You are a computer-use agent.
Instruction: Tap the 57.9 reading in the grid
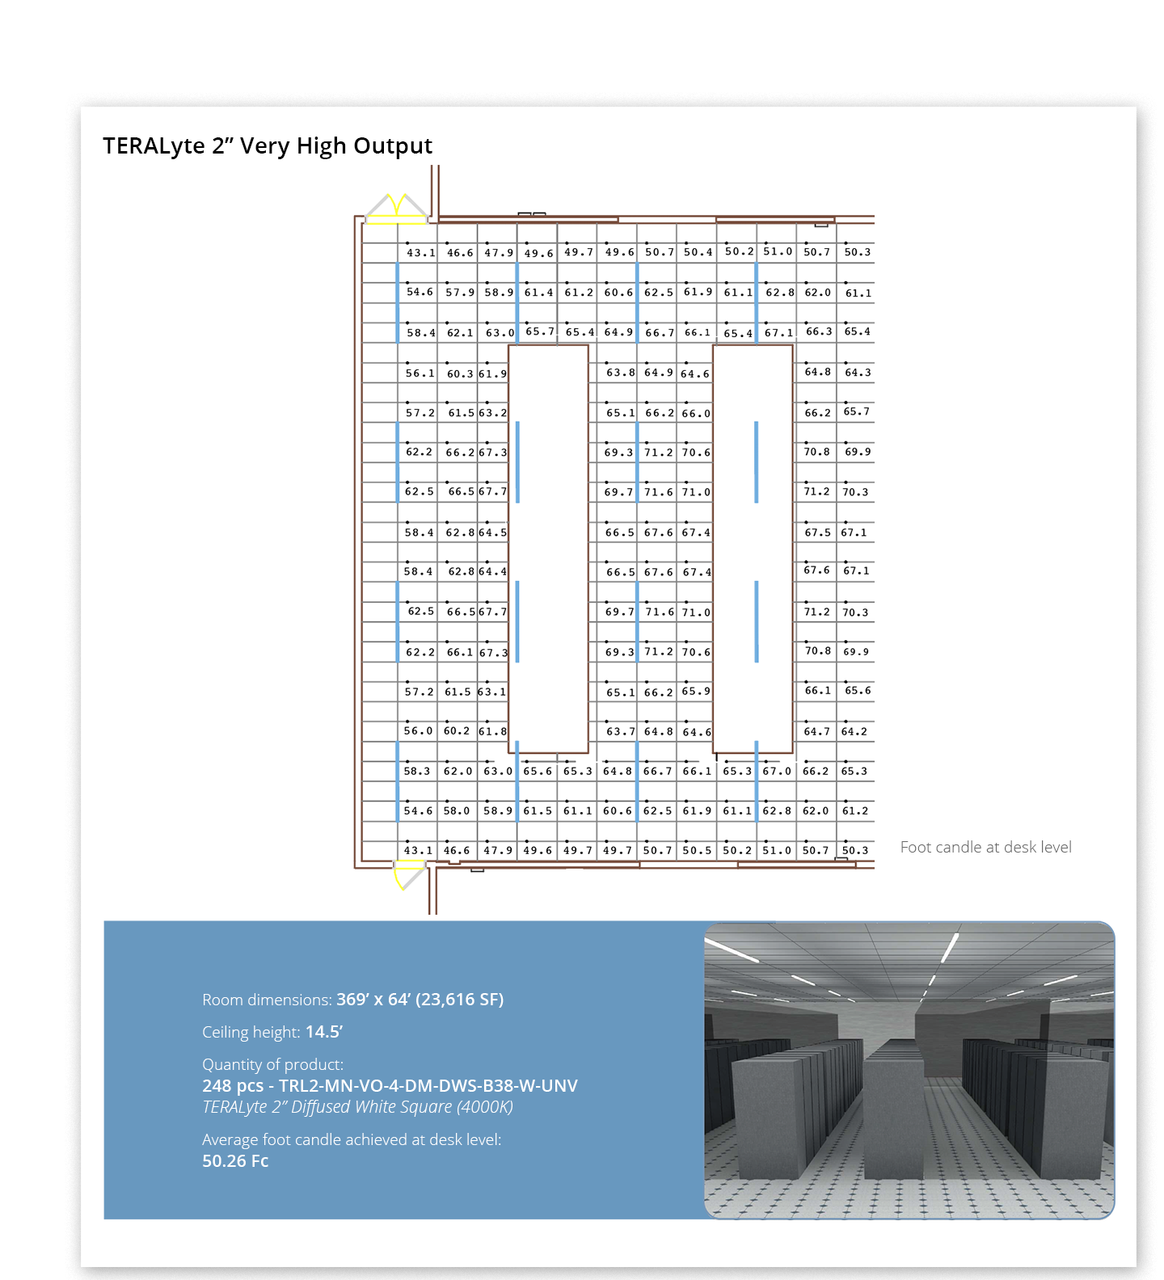(x=460, y=293)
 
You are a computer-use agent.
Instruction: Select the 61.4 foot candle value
(x=538, y=293)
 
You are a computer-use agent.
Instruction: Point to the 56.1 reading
(x=420, y=373)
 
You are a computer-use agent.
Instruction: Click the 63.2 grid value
(x=492, y=413)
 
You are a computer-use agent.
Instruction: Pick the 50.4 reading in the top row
(x=698, y=252)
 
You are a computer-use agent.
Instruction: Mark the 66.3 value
(x=818, y=331)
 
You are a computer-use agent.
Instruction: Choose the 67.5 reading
(x=817, y=533)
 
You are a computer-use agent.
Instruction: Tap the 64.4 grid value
(x=492, y=571)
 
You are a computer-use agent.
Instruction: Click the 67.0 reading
(x=777, y=771)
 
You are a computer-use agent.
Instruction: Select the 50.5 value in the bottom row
(x=697, y=850)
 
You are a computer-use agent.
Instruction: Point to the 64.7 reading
(x=816, y=731)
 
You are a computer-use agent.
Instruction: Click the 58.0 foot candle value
(x=456, y=811)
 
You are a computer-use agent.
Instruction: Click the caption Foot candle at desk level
(x=985, y=847)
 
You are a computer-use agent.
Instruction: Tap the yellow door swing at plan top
(x=396, y=206)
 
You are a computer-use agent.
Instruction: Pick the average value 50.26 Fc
(x=235, y=1161)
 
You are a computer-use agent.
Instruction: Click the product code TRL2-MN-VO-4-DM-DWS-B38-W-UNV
(x=428, y=1085)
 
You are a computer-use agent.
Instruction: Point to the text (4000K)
(x=484, y=1107)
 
